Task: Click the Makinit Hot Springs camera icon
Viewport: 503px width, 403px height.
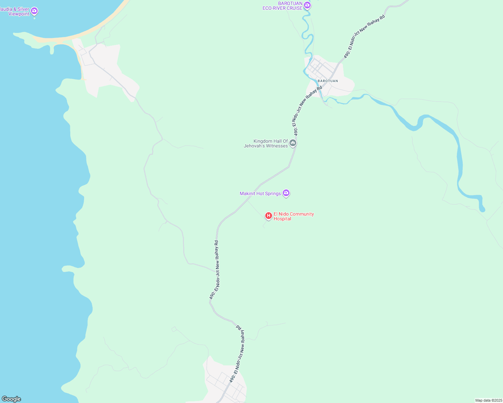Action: [286, 193]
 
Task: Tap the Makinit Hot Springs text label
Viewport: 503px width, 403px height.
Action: [260, 194]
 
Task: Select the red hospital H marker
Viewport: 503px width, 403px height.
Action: [269, 216]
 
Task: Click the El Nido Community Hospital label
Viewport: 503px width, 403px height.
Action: [294, 216]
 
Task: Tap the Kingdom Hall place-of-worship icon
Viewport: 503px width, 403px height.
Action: [293, 143]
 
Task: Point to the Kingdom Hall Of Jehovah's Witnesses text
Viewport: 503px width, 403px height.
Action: [266, 143]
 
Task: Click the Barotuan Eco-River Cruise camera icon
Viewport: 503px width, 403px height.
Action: [307, 5]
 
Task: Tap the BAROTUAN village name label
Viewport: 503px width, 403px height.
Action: [327, 81]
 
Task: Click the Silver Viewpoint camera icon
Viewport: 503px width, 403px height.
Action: [34, 11]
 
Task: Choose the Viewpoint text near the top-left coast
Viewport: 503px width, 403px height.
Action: [19, 14]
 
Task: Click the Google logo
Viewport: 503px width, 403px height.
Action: [11, 399]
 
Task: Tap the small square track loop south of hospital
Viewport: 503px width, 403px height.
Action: [174, 329]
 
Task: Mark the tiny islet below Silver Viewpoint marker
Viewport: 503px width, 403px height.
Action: [34, 18]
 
